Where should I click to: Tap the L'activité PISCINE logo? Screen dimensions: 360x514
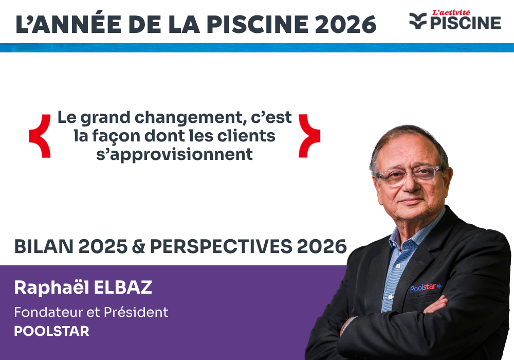pyautogui.click(x=455, y=20)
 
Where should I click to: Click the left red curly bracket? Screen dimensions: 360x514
pyautogui.click(x=40, y=136)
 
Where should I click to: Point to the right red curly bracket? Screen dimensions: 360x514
pyautogui.click(x=309, y=136)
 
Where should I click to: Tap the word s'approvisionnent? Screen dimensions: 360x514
pyautogui.click(x=175, y=154)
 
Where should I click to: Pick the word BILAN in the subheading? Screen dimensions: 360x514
pyautogui.click(x=43, y=247)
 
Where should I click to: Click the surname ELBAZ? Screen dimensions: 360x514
pyautogui.click(x=123, y=288)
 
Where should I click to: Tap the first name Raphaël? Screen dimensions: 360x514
pyautogui.click(x=50, y=288)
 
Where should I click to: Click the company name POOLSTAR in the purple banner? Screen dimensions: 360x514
pyautogui.click(x=51, y=331)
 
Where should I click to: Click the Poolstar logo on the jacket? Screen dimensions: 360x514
pyautogui.click(x=425, y=287)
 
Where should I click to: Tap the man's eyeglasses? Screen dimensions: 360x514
pyautogui.click(x=409, y=175)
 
